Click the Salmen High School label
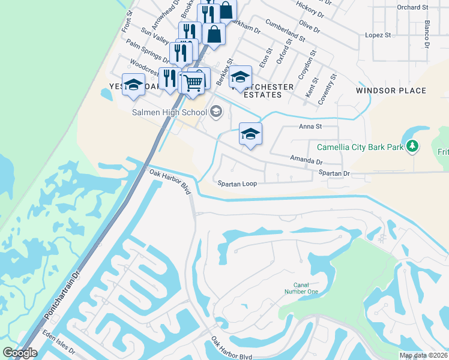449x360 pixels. pyautogui.click(x=169, y=112)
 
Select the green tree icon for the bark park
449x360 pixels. pyautogui.click(x=412, y=146)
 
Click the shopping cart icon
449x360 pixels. pyautogui.click(x=193, y=82)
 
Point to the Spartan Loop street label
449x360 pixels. pyautogui.click(x=237, y=184)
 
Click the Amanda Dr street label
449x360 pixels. pyautogui.click(x=306, y=161)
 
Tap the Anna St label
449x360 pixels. pyautogui.click(x=310, y=127)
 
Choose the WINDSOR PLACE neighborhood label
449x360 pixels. pyautogui.click(x=391, y=91)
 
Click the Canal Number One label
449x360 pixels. pyautogui.click(x=305, y=289)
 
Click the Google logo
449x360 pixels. pyautogui.click(x=20, y=353)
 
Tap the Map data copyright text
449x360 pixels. pyautogui.click(x=423, y=355)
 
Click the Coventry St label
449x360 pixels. pyautogui.click(x=329, y=89)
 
